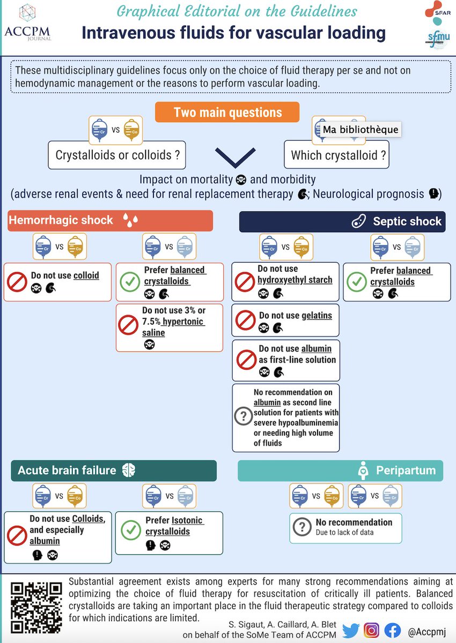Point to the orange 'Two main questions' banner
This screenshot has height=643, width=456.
[x=228, y=113]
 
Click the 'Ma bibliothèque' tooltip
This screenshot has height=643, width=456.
[x=360, y=129]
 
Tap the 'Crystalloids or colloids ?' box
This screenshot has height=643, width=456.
[x=117, y=155]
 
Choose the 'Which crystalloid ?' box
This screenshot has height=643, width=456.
[x=339, y=155]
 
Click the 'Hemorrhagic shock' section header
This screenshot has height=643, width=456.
[x=110, y=220]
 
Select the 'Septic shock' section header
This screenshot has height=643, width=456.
[x=342, y=221]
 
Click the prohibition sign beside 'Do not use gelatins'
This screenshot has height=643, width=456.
[x=245, y=320]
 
